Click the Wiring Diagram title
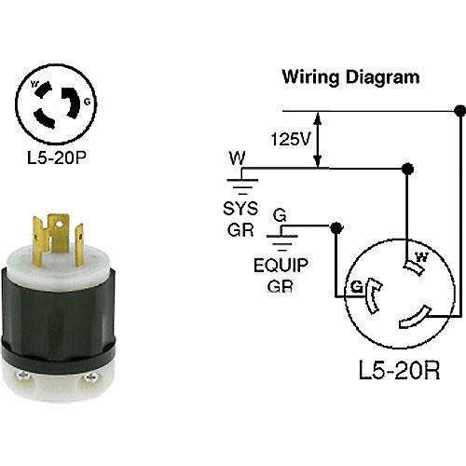[x=350, y=77]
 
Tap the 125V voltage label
[x=291, y=139]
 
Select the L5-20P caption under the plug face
[x=56, y=158]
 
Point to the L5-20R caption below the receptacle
[x=399, y=370]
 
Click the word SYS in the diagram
[x=240, y=209]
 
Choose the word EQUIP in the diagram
[x=281, y=266]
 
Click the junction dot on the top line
[x=459, y=111]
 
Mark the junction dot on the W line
[x=407, y=169]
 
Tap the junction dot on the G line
[x=336, y=228]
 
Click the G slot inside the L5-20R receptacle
[x=371, y=295]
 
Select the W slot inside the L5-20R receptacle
[x=414, y=267]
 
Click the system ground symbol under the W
[x=242, y=186]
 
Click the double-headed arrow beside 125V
[x=317, y=140]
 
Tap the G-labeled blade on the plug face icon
[x=72, y=102]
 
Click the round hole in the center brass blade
[x=59, y=223]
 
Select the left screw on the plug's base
[x=24, y=377]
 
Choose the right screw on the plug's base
[x=91, y=377]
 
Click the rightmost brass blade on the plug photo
[x=79, y=245]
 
